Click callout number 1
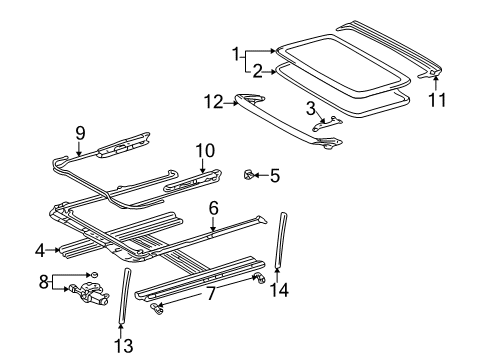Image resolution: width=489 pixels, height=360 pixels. tap(236, 52)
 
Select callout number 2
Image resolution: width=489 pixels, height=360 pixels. tap(257, 71)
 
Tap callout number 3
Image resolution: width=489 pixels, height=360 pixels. tap(310, 107)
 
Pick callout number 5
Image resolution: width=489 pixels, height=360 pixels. tap(275, 176)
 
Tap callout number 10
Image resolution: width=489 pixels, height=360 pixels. tap(204, 150)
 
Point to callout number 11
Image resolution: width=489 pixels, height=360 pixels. tap(435, 100)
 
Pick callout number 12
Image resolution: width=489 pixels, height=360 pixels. tap(211, 101)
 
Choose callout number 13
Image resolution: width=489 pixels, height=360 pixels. tap(123, 346)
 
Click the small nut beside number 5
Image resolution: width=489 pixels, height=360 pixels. tap(248, 175)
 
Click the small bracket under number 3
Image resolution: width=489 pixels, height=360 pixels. tap(325, 123)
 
